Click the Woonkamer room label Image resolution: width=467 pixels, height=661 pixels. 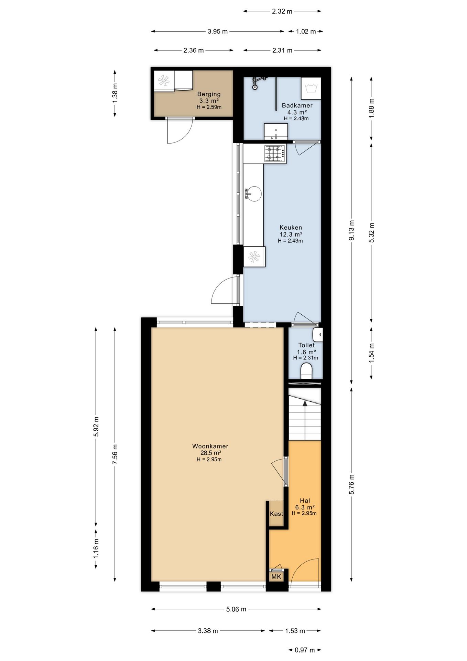pyautogui.click(x=210, y=446)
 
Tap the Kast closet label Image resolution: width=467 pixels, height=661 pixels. pyautogui.click(x=276, y=514)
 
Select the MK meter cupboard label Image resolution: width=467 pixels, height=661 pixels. pyautogui.click(x=276, y=577)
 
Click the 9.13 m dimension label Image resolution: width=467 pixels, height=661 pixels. pyautogui.click(x=351, y=230)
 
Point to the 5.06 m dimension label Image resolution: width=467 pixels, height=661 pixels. pyautogui.click(x=236, y=609)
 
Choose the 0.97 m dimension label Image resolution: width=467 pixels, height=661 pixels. pyautogui.click(x=305, y=650)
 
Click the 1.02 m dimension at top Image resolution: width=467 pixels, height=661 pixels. pyautogui.click(x=306, y=31)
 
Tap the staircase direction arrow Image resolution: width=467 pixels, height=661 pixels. pyautogui.click(x=304, y=420)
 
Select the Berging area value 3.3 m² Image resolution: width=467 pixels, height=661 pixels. pyautogui.click(x=209, y=101)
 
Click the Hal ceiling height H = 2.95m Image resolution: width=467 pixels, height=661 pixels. pyautogui.click(x=304, y=513)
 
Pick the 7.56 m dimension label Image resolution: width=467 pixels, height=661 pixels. pyautogui.click(x=115, y=454)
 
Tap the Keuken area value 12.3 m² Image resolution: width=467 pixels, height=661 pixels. pyautogui.click(x=291, y=234)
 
